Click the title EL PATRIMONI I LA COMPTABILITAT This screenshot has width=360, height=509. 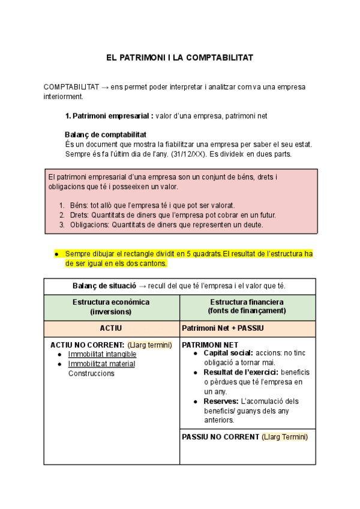point(179,58)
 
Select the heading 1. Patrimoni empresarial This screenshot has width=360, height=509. point(109,116)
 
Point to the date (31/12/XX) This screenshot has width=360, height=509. point(205,154)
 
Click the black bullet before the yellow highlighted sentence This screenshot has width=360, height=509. point(56,254)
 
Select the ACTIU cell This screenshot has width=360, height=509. point(111,328)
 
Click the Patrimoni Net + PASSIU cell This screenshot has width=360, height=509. point(223,328)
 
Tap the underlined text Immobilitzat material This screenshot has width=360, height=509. point(101,364)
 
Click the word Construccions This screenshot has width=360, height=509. point(91,373)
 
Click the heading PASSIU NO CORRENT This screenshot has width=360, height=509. point(220,437)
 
